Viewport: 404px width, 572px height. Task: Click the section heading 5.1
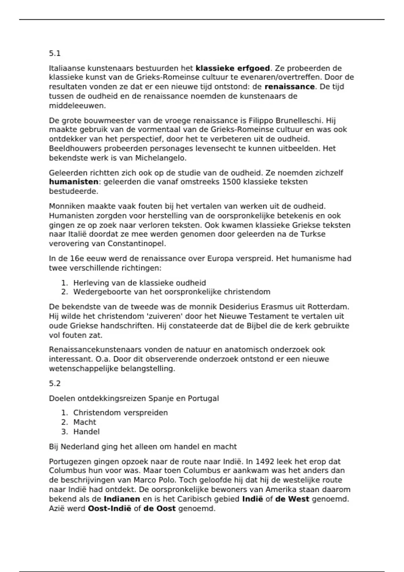[x=55, y=53]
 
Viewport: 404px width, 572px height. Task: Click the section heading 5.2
[x=55, y=384]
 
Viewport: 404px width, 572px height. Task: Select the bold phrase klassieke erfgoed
[x=233, y=68]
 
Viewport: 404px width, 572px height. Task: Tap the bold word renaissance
[x=290, y=87]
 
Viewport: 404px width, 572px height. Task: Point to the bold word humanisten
[x=74, y=182]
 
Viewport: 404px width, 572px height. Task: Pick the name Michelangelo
[x=161, y=158]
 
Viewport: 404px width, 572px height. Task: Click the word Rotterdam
[x=330, y=307]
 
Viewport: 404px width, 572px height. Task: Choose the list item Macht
[x=85, y=422]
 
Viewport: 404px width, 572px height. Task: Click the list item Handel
[x=86, y=432]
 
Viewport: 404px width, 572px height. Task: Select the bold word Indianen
[x=122, y=499]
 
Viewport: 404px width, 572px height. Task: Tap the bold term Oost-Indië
[x=109, y=508]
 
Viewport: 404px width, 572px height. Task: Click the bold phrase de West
[x=292, y=499]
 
